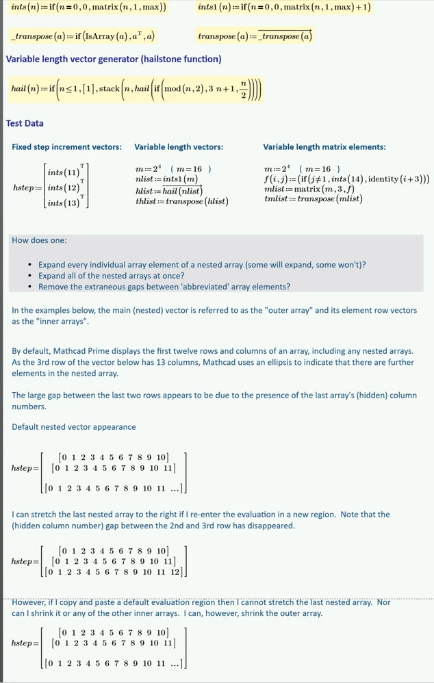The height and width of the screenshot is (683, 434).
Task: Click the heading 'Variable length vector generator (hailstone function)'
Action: coord(114,60)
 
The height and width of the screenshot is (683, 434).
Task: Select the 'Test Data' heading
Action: coord(25,123)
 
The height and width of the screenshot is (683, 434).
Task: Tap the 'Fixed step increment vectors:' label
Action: coord(67,147)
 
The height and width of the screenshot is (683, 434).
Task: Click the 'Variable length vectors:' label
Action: coord(179,147)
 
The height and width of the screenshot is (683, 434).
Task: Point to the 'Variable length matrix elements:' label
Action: coord(324,147)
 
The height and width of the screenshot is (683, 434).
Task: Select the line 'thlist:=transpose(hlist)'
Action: coord(182,201)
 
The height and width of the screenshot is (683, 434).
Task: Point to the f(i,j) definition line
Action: coord(346,179)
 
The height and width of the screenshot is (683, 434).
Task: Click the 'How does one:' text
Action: coord(39,240)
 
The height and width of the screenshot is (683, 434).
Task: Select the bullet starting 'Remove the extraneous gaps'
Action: coord(164,286)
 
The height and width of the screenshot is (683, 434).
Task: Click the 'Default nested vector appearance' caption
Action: coord(73,427)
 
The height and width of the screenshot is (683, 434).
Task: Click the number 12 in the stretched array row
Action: coord(176,572)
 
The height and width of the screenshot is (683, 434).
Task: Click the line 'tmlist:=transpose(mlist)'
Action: coord(313,198)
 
